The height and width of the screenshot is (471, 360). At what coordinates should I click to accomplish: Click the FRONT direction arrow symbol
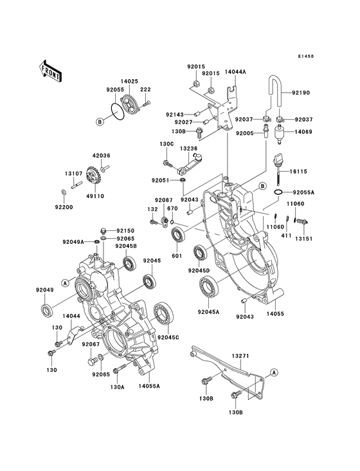point(51,70)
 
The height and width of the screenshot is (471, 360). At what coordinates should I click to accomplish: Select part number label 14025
point(130,82)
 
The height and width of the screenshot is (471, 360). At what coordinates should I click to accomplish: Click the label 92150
point(125,230)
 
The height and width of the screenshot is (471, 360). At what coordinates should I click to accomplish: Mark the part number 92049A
point(73,242)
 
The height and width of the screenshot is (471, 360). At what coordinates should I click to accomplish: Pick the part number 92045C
point(168,337)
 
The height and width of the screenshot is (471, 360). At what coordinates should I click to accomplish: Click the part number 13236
point(188,148)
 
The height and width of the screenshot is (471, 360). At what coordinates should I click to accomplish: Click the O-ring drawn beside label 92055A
point(278,192)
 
